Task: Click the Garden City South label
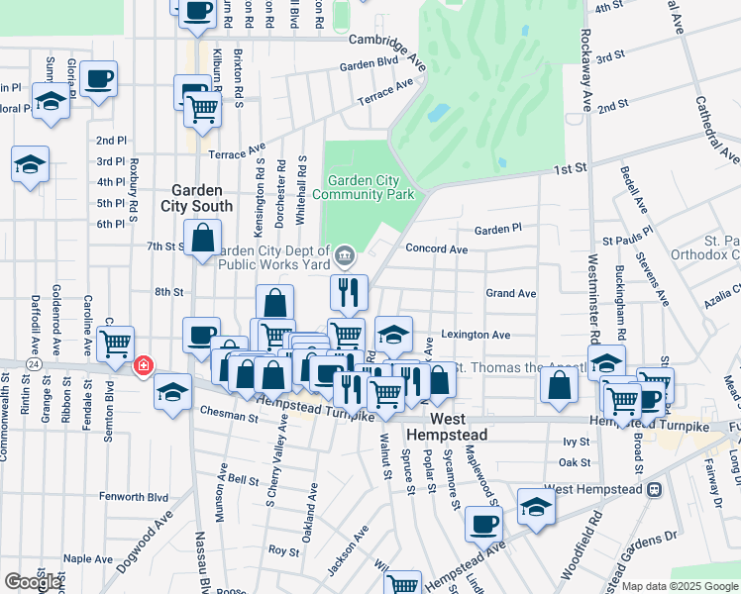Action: coord(202,198)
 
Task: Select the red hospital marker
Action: coord(144,366)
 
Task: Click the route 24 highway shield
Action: coord(34,364)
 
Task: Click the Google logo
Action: coord(33,582)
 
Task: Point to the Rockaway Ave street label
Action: coord(585,74)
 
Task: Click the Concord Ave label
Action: coord(436,249)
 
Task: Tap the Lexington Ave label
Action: coord(476,335)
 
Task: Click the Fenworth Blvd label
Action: coord(135,497)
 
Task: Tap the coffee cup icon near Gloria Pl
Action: coord(99,79)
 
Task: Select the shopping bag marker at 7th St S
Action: coord(203,239)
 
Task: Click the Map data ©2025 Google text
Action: coord(681,586)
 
